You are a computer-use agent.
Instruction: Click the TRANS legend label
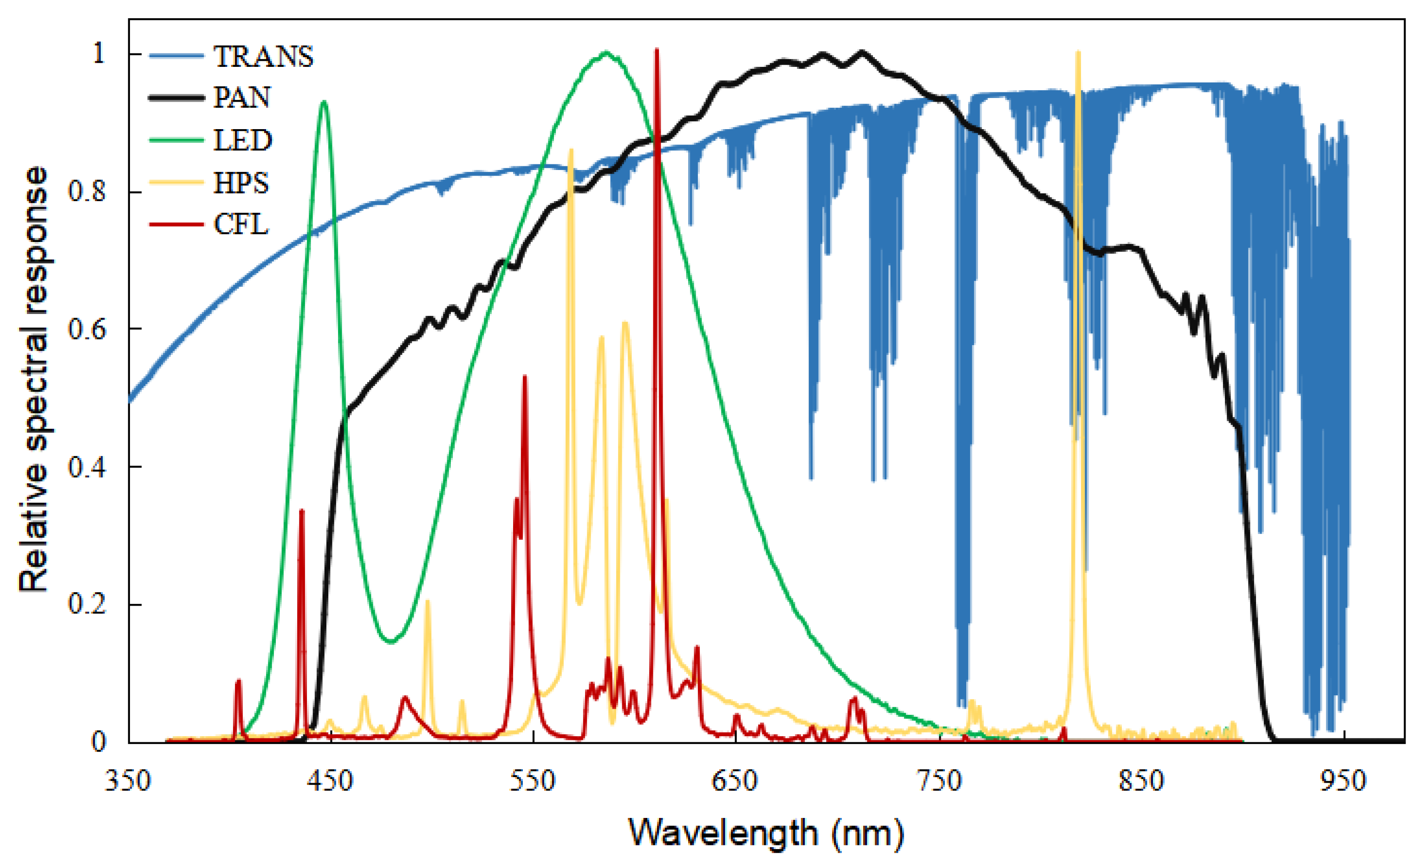(x=263, y=57)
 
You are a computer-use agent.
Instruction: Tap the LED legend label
(x=242, y=140)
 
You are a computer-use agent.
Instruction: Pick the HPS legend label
(x=241, y=183)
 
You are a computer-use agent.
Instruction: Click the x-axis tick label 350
(x=127, y=781)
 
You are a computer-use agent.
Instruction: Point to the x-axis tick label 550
(x=533, y=781)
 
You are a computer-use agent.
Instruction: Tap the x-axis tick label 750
(x=939, y=781)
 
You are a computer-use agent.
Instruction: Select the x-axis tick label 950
(x=1344, y=781)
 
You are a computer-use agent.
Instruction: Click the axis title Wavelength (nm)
(x=766, y=833)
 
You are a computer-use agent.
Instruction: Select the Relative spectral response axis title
(x=33, y=380)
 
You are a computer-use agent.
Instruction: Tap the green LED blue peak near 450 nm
(x=324, y=103)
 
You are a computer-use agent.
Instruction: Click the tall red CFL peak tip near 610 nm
(x=657, y=51)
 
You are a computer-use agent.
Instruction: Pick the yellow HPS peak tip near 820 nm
(x=1078, y=53)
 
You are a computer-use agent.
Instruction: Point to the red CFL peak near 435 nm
(x=301, y=511)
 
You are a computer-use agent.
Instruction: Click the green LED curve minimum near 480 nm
(x=391, y=641)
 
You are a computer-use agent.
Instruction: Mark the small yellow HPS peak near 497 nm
(x=427, y=601)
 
